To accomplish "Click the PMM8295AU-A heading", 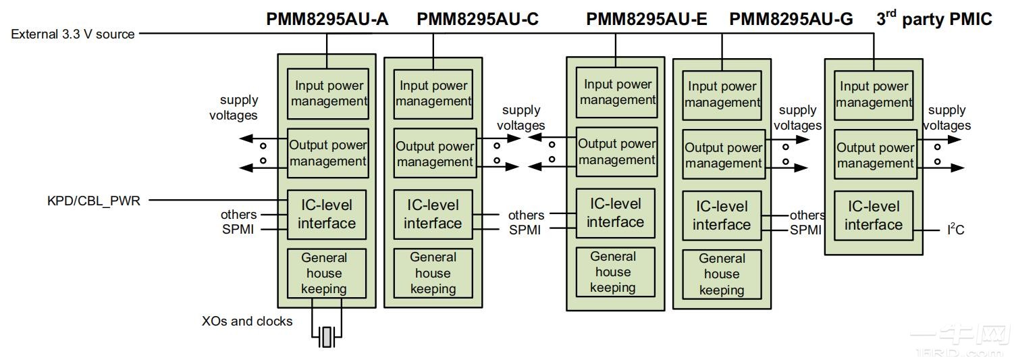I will coord(327,19).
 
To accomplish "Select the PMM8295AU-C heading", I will coord(477,19).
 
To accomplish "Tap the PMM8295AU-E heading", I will coord(646,19).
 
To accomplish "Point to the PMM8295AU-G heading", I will coord(791,19).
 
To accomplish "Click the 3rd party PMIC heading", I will coord(934,19).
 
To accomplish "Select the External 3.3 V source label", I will coord(72,34).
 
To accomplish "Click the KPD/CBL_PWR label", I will coord(94,200).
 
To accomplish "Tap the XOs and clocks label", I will coord(247,322).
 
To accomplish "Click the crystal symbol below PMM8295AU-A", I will coord(327,336).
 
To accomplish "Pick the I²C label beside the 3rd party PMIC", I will coord(955,230).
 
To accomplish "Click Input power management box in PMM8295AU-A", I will coord(328,94).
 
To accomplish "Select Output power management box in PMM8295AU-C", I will coord(434,154).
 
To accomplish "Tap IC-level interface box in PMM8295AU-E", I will coord(615,213).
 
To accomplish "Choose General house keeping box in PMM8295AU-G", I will coord(722,274).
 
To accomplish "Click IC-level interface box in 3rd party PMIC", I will coord(874,215).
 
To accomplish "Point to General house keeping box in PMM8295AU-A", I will coord(327,274).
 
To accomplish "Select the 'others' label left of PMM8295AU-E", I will coord(526,215).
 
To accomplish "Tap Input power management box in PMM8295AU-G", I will coord(722,95).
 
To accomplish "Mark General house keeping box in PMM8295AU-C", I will coord(433,273).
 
